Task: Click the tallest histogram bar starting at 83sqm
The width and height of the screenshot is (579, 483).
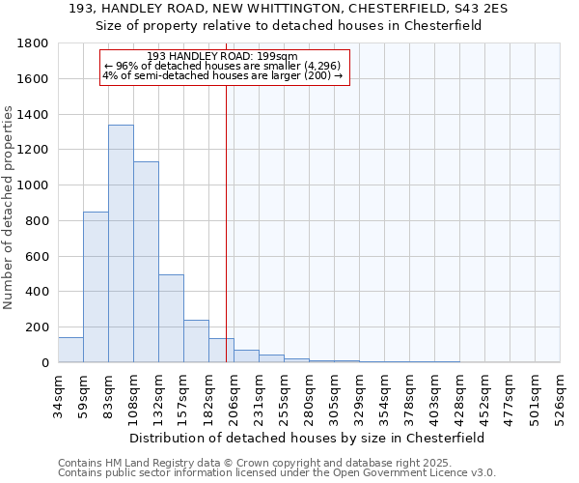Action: point(121,243)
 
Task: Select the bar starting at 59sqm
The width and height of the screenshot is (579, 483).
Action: point(96,287)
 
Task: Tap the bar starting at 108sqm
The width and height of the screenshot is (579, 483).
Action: point(146,262)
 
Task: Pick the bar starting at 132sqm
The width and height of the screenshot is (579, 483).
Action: point(171,319)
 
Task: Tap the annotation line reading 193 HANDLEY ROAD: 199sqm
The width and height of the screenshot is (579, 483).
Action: point(223,56)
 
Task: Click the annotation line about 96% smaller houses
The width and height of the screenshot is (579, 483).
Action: point(223,66)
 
